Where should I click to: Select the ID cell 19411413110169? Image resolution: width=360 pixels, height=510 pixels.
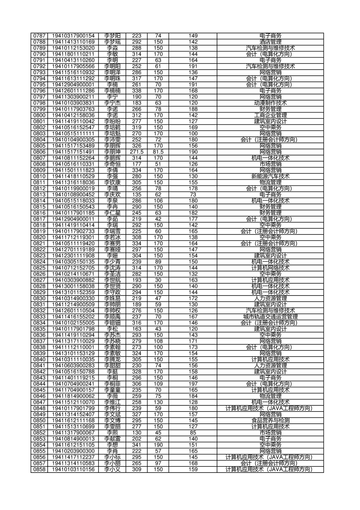(x=73, y=42)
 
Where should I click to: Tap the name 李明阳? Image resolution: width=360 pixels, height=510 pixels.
(x=112, y=66)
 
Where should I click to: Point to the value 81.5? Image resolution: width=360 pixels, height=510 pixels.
(x=158, y=152)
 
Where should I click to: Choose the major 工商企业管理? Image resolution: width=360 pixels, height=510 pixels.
(x=270, y=115)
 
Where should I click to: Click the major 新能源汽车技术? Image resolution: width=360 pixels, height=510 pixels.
(x=270, y=176)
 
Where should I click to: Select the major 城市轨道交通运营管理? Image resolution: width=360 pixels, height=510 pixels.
(x=270, y=317)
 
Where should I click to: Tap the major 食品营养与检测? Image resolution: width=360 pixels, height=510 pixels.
(x=270, y=421)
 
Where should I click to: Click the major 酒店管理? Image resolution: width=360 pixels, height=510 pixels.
(x=270, y=42)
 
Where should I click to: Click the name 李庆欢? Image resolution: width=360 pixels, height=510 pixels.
(x=112, y=195)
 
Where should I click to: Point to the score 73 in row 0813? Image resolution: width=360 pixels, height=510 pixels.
(x=193, y=195)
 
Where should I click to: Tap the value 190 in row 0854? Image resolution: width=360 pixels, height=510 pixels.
(x=158, y=445)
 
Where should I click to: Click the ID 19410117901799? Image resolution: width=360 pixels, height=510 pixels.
(x=73, y=408)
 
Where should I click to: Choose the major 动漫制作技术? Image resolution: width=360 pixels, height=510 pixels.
(x=270, y=103)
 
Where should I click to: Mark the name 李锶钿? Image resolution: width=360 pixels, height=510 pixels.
(x=112, y=323)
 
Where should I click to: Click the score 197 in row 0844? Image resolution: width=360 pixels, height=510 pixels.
(x=193, y=384)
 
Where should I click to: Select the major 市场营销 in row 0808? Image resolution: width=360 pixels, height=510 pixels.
(x=270, y=164)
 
